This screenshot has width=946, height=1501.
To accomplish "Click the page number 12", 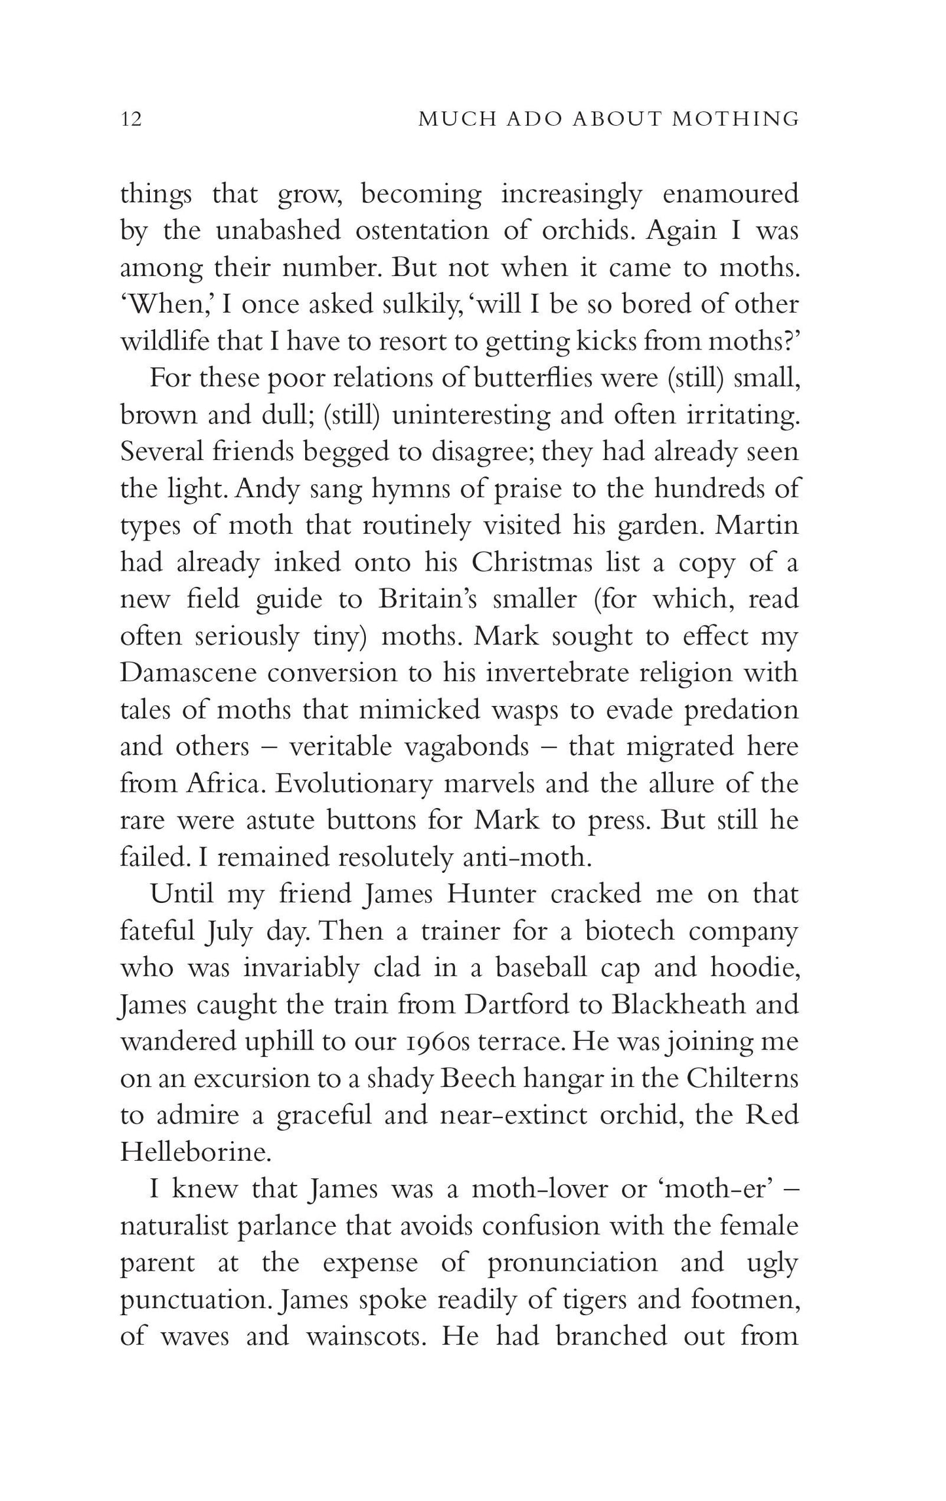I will pyautogui.click(x=131, y=119).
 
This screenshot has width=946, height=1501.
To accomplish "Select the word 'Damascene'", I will pyautogui.click(x=185, y=673).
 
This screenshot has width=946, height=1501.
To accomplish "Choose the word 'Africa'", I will pyautogui.click(x=223, y=784).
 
